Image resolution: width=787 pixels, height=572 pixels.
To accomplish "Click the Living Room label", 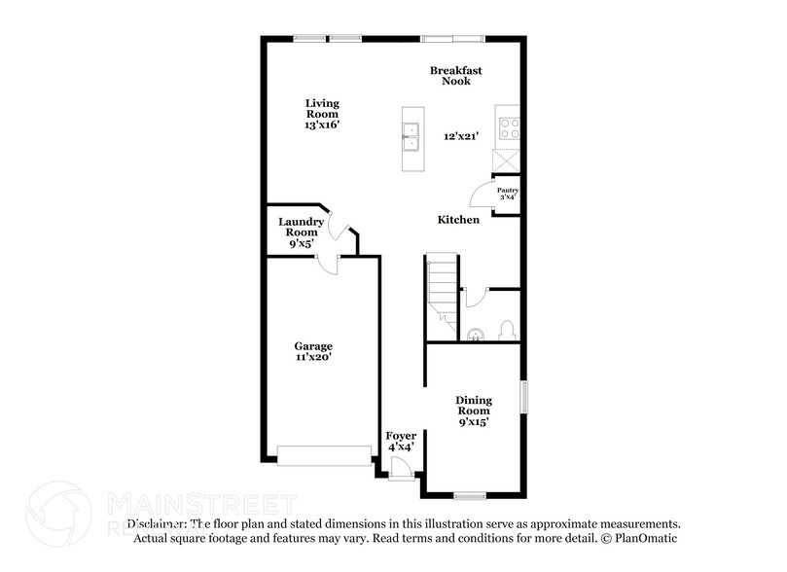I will coord(322,114).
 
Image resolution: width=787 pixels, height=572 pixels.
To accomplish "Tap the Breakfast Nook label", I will coord(456,76).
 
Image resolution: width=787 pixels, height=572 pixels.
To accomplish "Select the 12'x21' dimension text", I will coord(462,136).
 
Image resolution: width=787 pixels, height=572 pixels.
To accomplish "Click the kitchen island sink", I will coord(411,136).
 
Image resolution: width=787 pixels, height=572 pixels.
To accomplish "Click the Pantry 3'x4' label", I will coord(507,194).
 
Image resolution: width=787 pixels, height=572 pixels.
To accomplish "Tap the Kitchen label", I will coord(457,220).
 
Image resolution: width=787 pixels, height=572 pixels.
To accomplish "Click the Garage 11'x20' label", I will coord(313,351).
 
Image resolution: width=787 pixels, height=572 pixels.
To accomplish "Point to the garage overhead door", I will coord(324,455).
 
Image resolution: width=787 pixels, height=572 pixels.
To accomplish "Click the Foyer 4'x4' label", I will coord(401,441).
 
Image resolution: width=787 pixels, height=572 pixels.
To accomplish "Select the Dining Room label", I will coord(474,411).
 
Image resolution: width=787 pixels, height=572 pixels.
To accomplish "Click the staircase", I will coord(443,289).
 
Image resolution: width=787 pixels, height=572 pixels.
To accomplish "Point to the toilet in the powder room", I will coord(507,331).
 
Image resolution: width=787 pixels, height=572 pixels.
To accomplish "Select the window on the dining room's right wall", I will coord(523,397).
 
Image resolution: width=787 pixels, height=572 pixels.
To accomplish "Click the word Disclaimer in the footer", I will coord(156,523).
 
